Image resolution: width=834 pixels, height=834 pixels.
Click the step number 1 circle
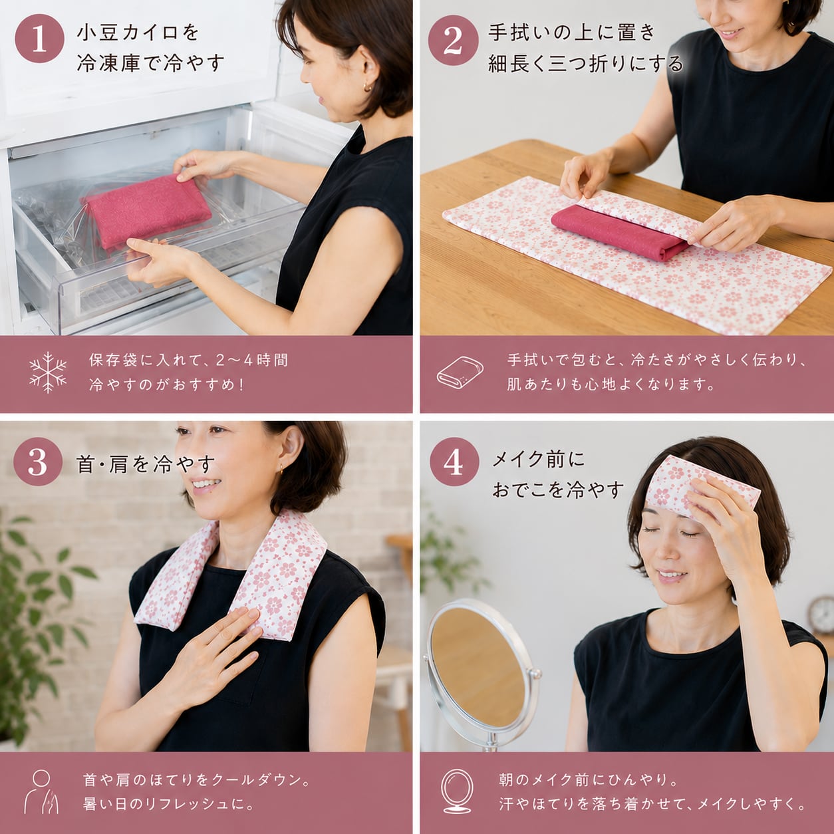click(x=39, y=39)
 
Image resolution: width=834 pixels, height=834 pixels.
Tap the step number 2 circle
click(x=453, y=41)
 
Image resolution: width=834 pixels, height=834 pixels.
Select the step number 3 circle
click(x=38, y=462)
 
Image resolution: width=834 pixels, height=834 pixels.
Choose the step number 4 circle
click(x=454, y=462)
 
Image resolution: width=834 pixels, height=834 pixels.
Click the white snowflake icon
click(x=48, y=372)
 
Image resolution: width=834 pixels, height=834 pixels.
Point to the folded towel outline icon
click(x=460, y=373)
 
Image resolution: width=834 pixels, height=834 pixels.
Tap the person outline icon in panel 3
click(x=41, y=791)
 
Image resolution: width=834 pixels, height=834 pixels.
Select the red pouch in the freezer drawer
click(x=146, y=211)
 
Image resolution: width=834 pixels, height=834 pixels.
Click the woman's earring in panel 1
click(x=367, y=88)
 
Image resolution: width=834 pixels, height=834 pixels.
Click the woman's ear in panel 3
click(x=291, y=449)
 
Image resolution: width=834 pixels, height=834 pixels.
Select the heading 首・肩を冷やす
click(x=146, y=464)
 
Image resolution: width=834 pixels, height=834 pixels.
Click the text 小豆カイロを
click(x=138, y=33)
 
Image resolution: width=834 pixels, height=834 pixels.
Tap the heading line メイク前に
click(x=539, y=459)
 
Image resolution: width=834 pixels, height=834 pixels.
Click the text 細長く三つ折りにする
click(x=585, y=64)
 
